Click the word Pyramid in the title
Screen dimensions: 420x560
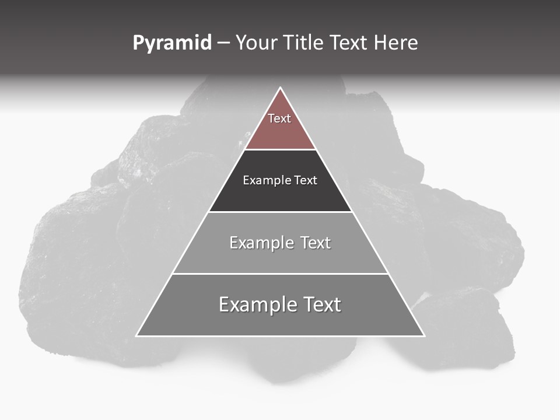coord(171,43)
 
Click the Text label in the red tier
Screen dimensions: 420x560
coord(279,118)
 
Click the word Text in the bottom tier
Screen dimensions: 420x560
coord(318,304)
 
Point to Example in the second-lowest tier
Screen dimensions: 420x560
coord(260,243)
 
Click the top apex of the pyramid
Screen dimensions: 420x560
coord(281,88)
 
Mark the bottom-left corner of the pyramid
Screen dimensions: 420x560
coord(137,335)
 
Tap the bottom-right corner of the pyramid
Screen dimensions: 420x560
coord(424,335)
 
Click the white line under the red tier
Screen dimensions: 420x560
coord(281,150)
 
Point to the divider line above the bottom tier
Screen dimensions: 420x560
coord(281,274)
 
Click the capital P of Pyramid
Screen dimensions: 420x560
coord(138,43)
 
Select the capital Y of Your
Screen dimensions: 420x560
coord(240,43)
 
